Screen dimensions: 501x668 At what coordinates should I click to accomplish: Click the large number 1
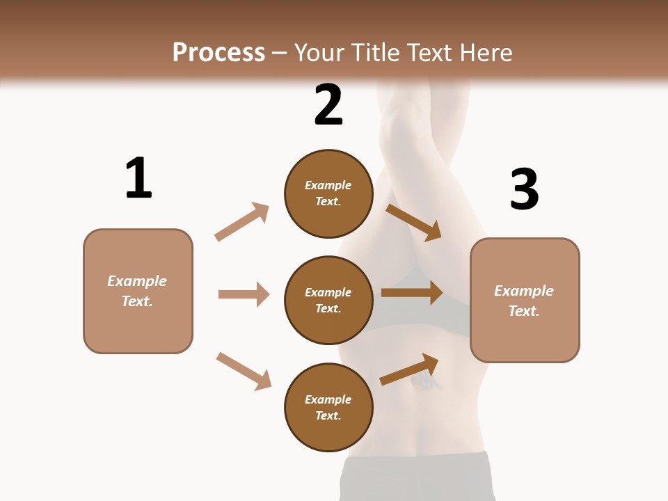138,178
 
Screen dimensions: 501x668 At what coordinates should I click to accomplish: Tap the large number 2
328,105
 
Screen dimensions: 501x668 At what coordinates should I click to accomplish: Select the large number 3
524,189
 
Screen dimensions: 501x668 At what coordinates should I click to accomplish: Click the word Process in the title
218,52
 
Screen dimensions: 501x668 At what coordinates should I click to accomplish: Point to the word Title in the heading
369,52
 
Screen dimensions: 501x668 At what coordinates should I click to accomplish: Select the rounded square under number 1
138,291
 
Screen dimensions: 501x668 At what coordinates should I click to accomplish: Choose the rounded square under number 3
525,300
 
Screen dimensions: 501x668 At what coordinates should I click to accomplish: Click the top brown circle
328,193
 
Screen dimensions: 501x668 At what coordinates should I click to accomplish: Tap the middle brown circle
328,300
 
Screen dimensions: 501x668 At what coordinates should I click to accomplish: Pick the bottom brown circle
328,407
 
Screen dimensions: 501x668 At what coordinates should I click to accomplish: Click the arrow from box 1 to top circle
242,222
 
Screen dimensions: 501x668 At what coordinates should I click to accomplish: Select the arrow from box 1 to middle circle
244,294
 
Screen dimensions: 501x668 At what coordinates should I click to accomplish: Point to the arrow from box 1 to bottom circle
244,371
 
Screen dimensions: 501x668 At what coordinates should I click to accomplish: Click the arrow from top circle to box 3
414,222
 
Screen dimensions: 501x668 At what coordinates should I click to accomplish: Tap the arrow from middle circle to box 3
412,293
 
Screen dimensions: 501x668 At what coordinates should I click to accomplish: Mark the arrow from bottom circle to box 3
409,369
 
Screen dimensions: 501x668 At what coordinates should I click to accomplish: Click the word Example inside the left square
137,281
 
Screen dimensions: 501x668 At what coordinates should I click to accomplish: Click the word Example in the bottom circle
328,399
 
